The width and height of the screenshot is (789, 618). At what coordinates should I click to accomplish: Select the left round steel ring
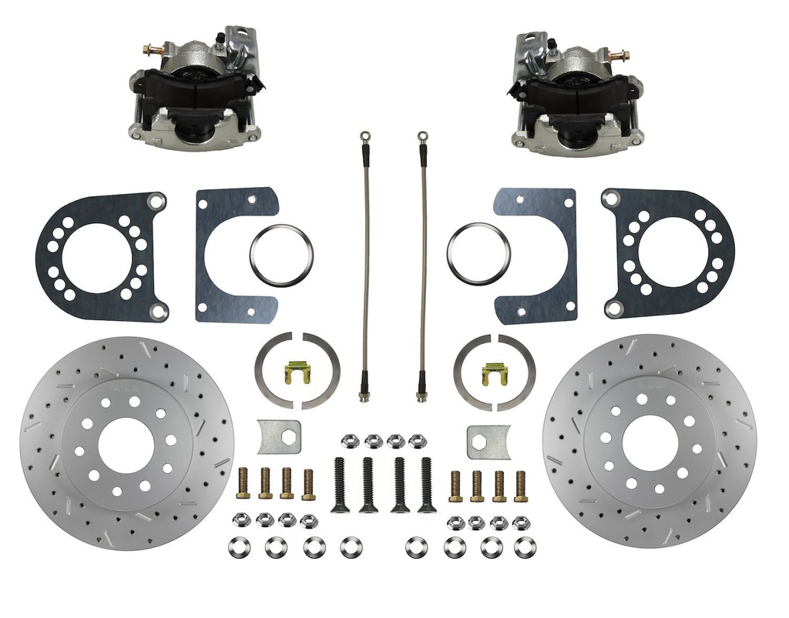281,253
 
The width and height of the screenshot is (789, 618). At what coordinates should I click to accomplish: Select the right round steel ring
478,252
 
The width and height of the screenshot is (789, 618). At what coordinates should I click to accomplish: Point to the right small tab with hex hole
489,441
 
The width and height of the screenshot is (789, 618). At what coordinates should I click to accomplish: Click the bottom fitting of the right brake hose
421,395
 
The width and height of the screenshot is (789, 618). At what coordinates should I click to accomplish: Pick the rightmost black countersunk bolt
425,484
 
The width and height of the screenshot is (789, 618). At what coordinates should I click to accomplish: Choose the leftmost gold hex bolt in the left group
243,483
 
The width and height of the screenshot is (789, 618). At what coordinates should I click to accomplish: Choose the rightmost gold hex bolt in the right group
521,483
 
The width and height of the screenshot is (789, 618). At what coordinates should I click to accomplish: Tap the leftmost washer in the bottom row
237,547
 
